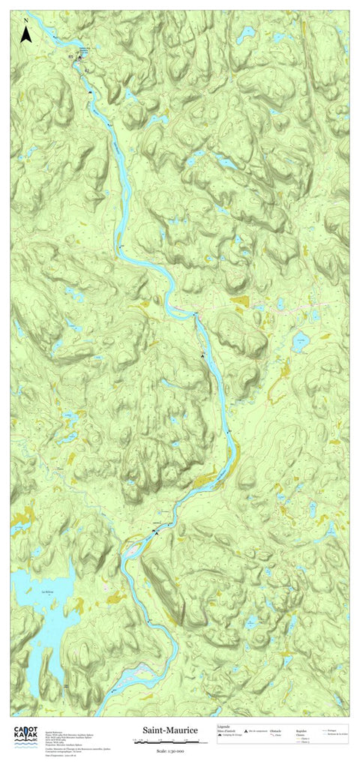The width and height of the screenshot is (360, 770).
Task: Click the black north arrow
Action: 26,34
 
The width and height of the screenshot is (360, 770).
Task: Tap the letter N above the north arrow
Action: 26,19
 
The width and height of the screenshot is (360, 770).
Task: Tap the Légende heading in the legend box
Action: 223,726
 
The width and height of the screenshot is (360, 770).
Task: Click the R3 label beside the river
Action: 70,57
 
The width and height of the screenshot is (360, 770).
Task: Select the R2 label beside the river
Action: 85,70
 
